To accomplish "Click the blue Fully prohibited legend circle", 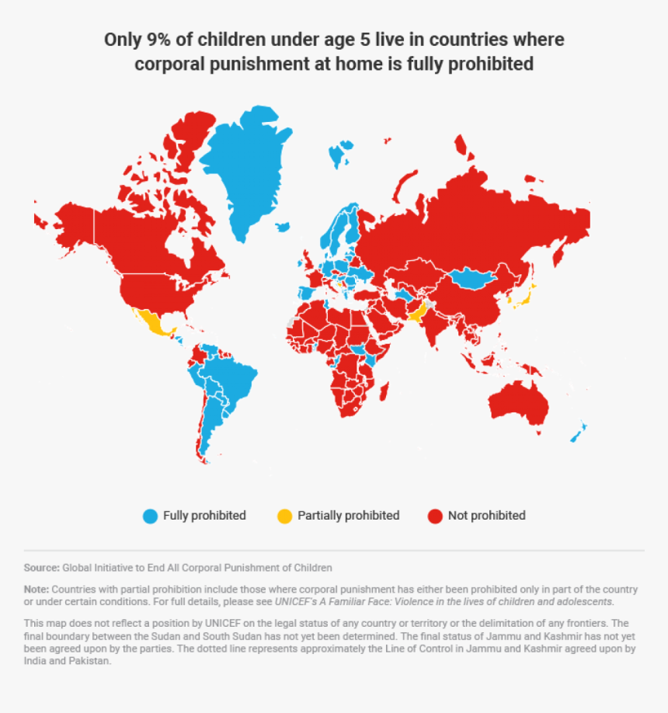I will click(x=151, y=516).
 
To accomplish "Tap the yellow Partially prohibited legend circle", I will click(x=285, y=516).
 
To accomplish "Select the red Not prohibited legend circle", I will click(x=435, y=516).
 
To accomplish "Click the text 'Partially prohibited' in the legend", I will click(x=348, y=516).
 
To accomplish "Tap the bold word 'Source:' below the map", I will click(x=41, y=568).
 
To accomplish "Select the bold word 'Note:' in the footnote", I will click(x=37, y=590).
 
